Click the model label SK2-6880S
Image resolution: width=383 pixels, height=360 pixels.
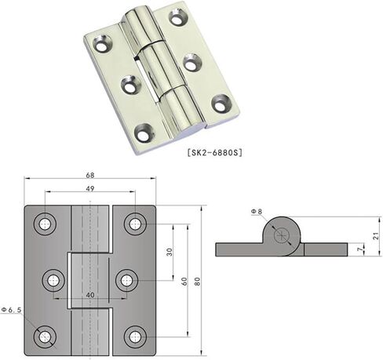coord(215,152)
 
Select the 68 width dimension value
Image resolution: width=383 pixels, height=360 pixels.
coord(90,175)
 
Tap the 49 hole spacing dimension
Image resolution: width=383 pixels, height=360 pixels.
coord(90,188)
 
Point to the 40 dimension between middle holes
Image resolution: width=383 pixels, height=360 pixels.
coord(90,295)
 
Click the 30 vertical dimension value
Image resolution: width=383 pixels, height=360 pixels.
coord(170,252)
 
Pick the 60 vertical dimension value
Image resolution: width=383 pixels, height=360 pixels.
coord(184,282)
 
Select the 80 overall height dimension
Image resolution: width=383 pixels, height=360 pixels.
coord(197,282)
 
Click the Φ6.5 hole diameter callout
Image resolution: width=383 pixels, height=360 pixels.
coord(11,310)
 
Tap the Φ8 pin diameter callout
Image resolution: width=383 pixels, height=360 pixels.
coord(257,211)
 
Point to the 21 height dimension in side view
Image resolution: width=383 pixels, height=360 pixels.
coord(376,235)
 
